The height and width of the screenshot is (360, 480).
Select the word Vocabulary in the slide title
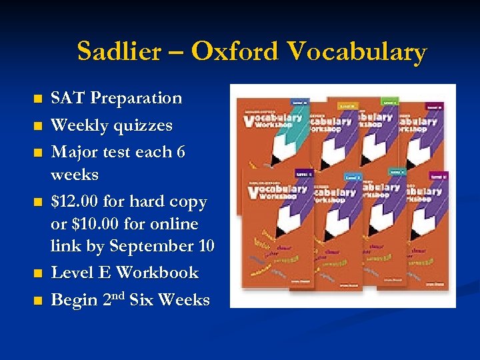click(x=356, y=51)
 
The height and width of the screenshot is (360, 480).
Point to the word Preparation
click(x=136, y=99)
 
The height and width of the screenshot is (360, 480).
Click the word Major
click(x=75, y=153)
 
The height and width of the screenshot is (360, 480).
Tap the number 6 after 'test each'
click(x=180, y=153)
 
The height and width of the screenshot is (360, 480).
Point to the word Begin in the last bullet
click(x=74, y=301)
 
